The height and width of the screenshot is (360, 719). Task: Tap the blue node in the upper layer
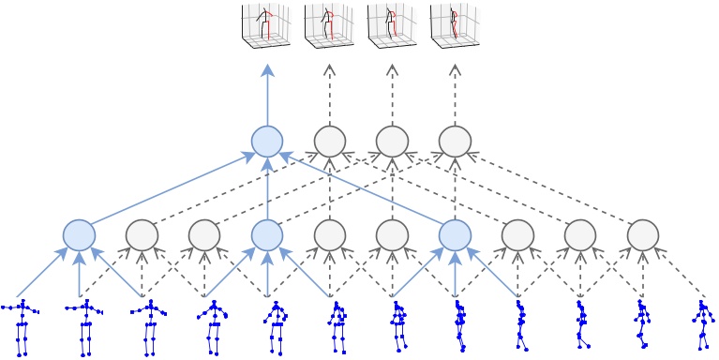pos(267,142)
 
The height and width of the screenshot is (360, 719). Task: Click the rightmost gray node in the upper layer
pos(455,142)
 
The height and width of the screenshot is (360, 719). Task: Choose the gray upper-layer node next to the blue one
pos(329,142)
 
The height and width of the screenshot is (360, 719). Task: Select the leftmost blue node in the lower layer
pos(79,234)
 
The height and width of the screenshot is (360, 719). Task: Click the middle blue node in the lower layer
pos(267,234)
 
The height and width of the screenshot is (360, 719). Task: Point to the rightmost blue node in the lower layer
pos(455,234)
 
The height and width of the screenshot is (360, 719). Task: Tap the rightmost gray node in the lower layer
pos(642,234)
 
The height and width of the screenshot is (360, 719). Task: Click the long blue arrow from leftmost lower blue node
pos(173,187)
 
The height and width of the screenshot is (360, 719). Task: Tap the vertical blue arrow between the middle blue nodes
pos(267,187)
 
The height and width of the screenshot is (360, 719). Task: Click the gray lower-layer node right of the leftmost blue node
pos(142,234)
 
